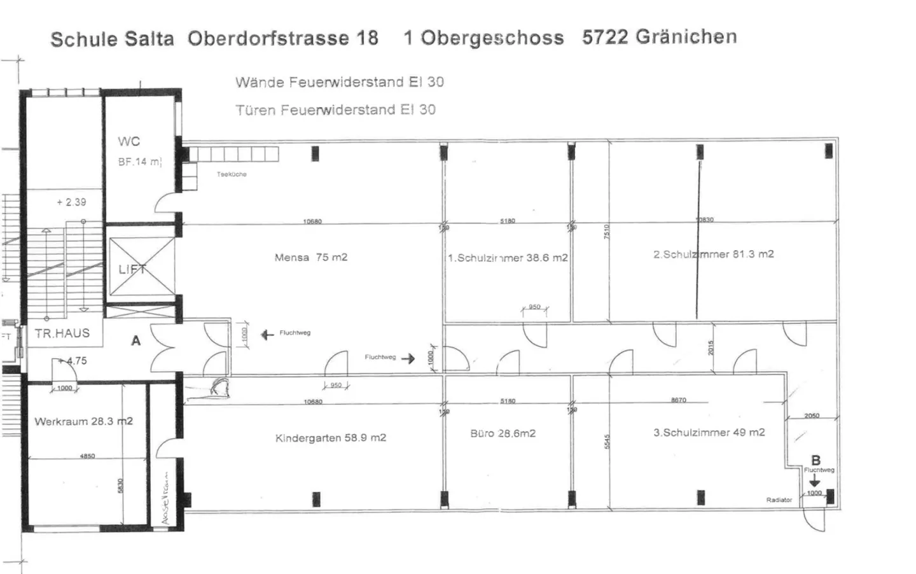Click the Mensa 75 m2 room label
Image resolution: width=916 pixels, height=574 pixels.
point(310,258)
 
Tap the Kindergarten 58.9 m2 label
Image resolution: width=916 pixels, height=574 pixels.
point(330,438)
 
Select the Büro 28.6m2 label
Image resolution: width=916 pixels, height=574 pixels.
point(503,433)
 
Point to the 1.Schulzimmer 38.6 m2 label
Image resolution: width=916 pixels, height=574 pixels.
point(507,258)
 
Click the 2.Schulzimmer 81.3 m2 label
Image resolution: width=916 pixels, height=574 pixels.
point(713,254)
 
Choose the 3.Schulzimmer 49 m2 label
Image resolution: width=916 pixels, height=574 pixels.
point(709,432)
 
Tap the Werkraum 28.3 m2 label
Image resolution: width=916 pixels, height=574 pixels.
point(83,421)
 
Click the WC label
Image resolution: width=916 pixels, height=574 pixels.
point(128,141)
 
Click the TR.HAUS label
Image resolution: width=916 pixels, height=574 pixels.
point(62,333)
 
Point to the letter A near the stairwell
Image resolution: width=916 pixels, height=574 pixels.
point(135,341)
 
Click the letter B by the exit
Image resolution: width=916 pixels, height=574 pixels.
point(815,460)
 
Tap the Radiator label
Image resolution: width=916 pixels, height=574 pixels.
point(779,500)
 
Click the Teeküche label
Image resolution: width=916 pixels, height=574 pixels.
point(232,174)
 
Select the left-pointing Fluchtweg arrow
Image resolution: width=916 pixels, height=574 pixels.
point(267,334)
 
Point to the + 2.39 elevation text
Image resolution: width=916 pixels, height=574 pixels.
point(71,202)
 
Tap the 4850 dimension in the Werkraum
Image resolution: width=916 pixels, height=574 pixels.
point(87,456)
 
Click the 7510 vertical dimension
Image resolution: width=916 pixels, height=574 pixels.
point(606,232)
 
